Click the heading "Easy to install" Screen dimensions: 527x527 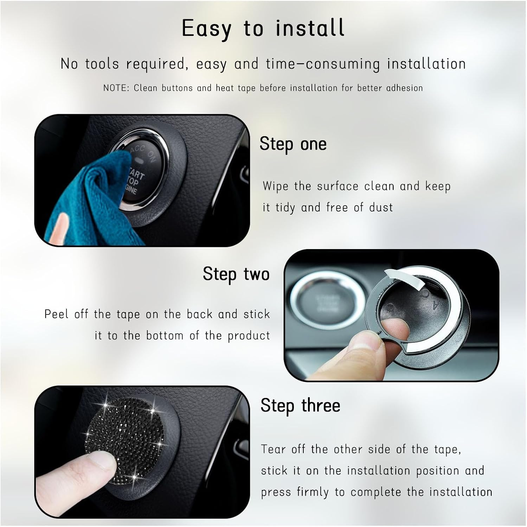[263, 28]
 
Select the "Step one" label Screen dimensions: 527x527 [293, 144]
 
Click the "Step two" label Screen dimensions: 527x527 [236, 274]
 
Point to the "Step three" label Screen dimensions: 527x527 [300, 405]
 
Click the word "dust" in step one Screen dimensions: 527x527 [381, 207]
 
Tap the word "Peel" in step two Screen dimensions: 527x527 [56, 314]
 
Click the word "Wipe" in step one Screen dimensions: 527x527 [275, 186]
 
